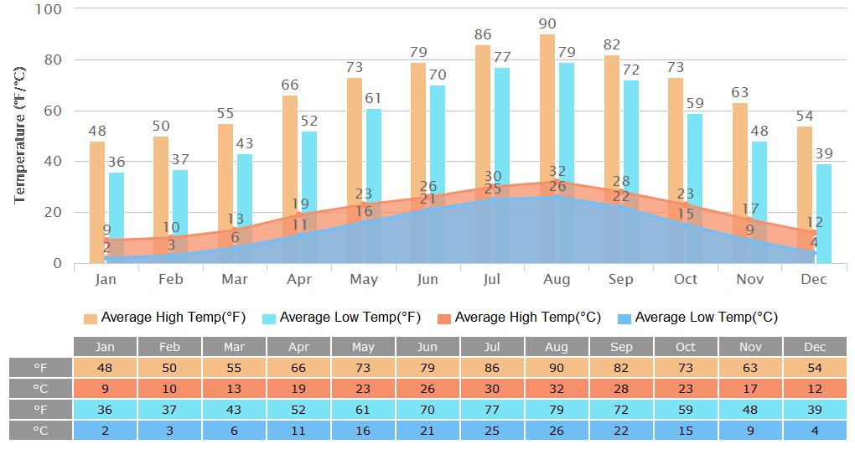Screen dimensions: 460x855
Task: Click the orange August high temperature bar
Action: click(x=547, y=101)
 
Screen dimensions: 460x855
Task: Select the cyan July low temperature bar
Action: click(x=501, y=126)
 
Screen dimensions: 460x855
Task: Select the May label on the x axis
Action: click(x=363, y=279)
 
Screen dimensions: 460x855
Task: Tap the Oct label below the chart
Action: click(x=685, y=279)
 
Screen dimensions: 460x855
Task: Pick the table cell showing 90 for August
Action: click(x=557, y=368)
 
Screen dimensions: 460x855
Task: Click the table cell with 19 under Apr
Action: click(x=298, y=389)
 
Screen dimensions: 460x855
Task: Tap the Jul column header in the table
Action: click(x=492, y=347)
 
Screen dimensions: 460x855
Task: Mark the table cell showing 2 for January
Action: click(x=105, y=430)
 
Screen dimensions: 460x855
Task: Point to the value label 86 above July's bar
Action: click(x=483, y=35)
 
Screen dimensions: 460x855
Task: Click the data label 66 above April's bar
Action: click(x=290, y=85)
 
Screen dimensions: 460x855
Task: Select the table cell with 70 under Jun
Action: click(x=427, y=410)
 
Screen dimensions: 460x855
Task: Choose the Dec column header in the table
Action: click(x=815, y=347)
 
